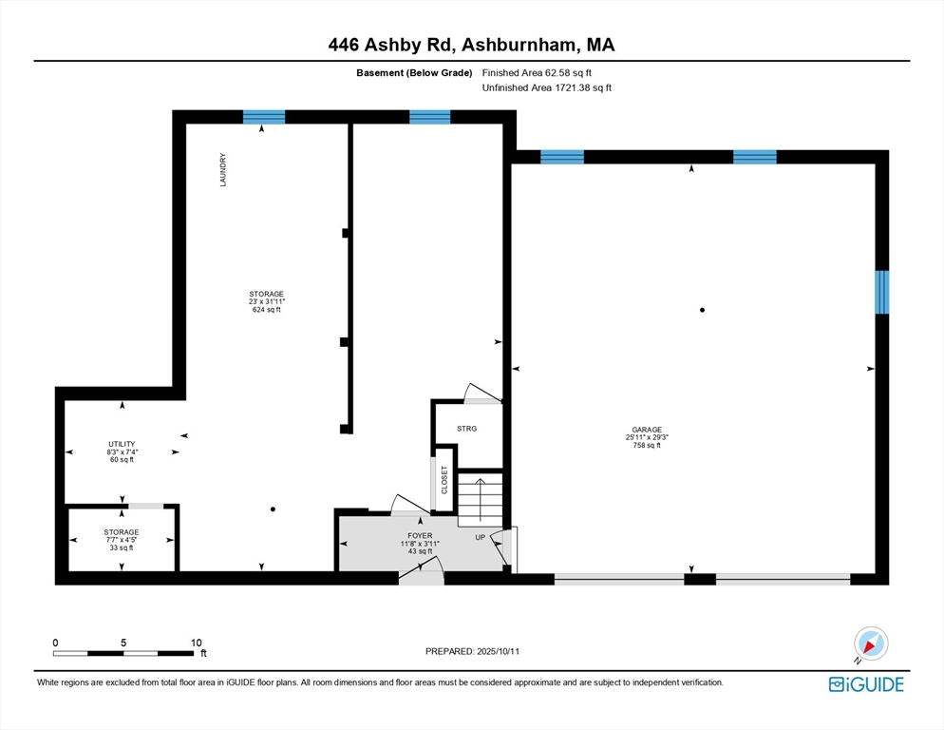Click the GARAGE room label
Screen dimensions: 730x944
(644, 430)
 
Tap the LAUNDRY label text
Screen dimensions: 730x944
(223, 170)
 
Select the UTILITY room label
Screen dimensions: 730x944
(122, 444)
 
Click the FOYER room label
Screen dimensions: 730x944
(419, 535)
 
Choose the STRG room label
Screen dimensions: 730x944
(466, 429)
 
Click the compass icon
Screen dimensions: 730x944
(870, 644)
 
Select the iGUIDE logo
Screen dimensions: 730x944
(866, 684)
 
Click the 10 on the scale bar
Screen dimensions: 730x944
(196, 643)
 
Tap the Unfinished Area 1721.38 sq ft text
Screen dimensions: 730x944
(547, 87)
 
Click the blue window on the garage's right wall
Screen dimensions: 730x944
(882, 292)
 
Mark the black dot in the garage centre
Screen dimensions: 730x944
(703, 310)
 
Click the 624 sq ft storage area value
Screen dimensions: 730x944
(266, 310)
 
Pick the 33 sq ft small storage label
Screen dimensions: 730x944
(122, 547)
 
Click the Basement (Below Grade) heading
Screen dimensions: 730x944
(414, 72)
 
